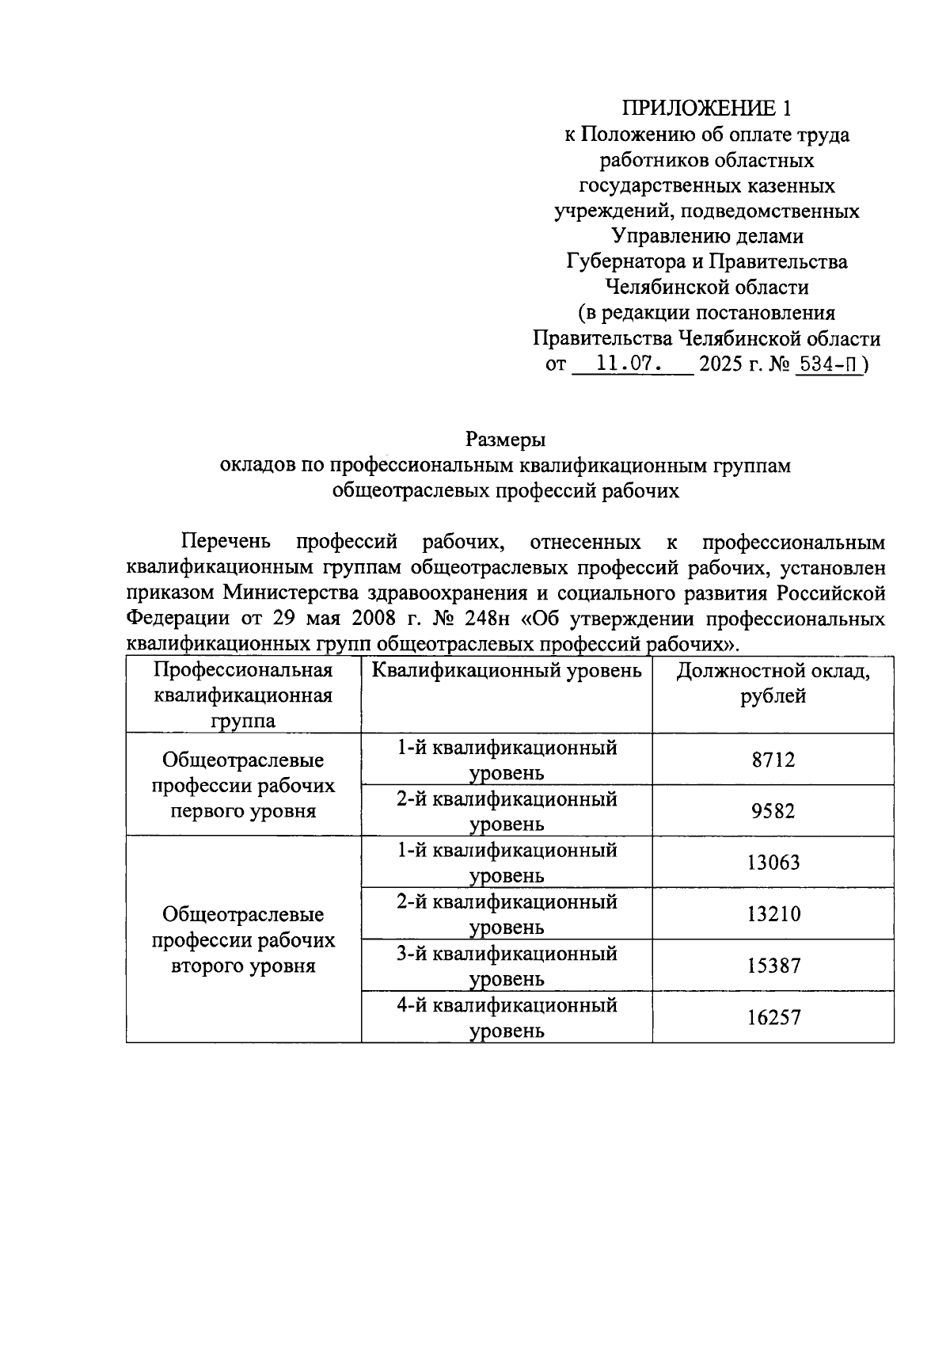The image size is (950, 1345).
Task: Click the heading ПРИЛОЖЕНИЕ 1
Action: (706, 109)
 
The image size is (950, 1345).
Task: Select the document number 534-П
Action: (827, 364)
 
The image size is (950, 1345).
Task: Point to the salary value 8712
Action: (773, 760)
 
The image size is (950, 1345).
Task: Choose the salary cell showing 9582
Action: (773, 811)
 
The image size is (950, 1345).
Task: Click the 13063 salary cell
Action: (773, 863)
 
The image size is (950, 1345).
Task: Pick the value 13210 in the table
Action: (773, 914)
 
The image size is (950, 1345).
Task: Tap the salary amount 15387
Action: (773, 966)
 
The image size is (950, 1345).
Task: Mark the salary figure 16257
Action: (773, 1017)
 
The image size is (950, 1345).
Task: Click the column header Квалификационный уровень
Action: (507, 672)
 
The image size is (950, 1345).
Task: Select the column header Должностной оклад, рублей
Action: (773, 684)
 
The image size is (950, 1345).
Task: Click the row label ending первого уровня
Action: (243, 786)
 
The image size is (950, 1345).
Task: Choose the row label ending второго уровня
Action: (243, 940)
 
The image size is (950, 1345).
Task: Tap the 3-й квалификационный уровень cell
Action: (507, 966)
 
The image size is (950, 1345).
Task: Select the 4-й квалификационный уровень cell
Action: (507, 1017)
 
